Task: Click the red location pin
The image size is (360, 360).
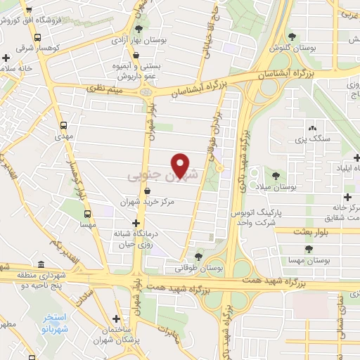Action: coord(181,165)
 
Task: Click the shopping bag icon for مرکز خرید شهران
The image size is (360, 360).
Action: coord(147,191)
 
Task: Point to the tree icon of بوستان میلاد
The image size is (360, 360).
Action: coord(276,176)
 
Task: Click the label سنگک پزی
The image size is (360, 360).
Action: coord(311,141)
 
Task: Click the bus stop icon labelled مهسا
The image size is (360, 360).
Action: coord(87,214)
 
